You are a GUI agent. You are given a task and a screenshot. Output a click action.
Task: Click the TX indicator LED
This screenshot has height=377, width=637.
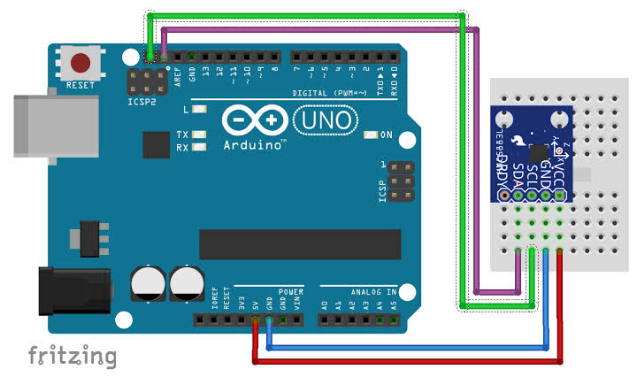coord(200,135)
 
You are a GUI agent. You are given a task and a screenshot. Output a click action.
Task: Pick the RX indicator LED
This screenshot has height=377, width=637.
coord(200,147)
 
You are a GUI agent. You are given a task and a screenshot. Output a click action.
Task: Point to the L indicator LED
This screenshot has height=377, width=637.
coord(200,111)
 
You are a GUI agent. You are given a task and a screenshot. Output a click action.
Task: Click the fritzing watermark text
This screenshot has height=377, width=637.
coord(72,356)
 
